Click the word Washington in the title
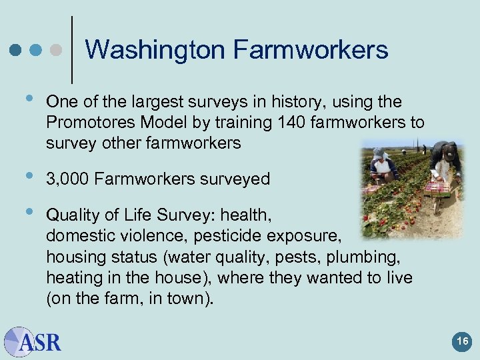(155, 50)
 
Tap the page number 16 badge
(462, 342)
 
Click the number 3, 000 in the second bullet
(67, 179)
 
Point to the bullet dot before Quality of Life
(27, 213)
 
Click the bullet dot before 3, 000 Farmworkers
(27, 176)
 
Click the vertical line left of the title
(72, 50)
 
